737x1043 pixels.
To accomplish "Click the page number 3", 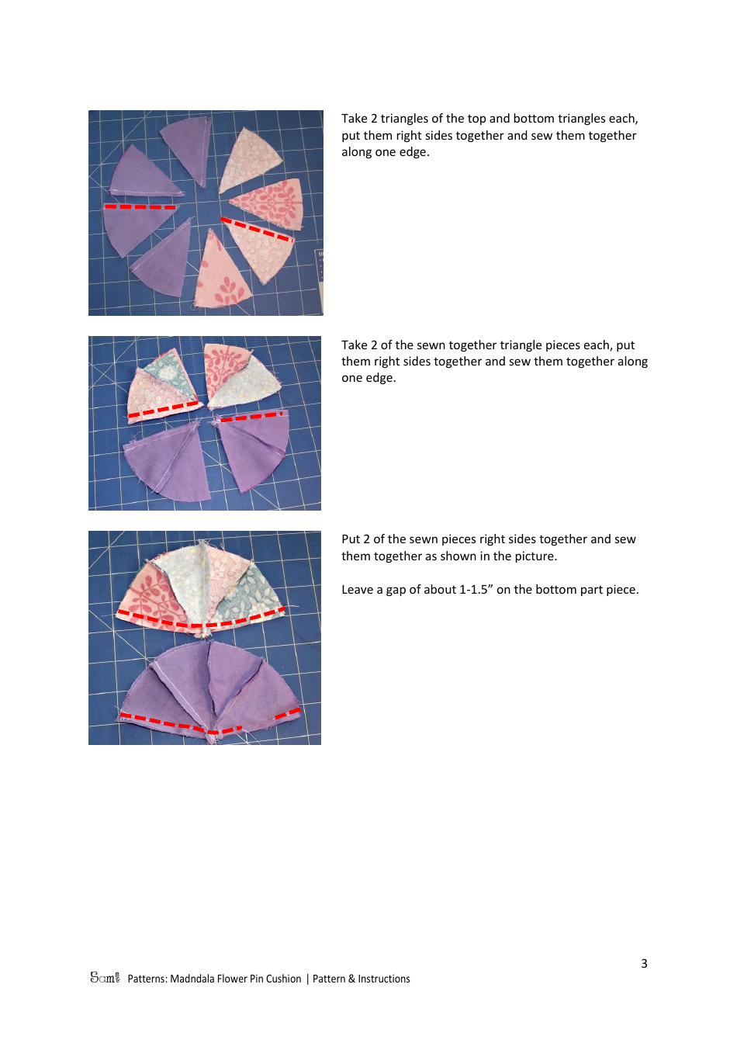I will pyautogui.click(x=644, y=963).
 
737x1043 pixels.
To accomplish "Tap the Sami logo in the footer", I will pyautogui.click(x=105, y=978).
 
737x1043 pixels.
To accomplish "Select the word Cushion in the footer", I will pyautogui.click(x=283, y=979).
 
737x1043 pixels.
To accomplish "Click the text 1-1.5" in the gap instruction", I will pyautogui.click(x=476, y=590).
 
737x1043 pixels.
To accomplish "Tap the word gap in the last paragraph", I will pyautogui.click(x=395, y=590).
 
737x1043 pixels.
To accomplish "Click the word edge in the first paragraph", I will pyautogui.click(x=413, y=152).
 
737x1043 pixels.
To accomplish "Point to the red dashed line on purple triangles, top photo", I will pyautogui.click(x=140, y=207).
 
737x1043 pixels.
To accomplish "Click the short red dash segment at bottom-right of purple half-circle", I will pyautogui.click(x=288, y=712).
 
